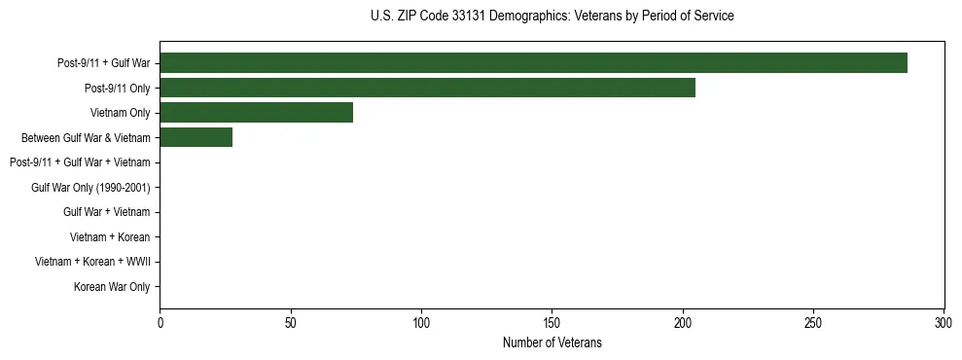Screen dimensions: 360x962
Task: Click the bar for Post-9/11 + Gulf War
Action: [533, 63]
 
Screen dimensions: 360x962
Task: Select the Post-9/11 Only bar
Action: [427, 89]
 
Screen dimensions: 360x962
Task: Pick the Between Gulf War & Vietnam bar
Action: [196, 138]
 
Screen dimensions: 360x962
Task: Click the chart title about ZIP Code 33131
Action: [552, 17]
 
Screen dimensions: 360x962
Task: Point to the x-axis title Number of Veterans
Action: [552, 343]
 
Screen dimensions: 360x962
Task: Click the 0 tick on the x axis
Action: [160, 322]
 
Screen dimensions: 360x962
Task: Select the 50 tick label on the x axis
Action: [290, 322]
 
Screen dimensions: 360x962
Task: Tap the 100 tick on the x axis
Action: [421, 322]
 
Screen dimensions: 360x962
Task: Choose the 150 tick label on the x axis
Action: [552, 322]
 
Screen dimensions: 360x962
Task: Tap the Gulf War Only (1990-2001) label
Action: [96, 188]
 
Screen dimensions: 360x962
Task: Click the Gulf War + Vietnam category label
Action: [107, 212]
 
